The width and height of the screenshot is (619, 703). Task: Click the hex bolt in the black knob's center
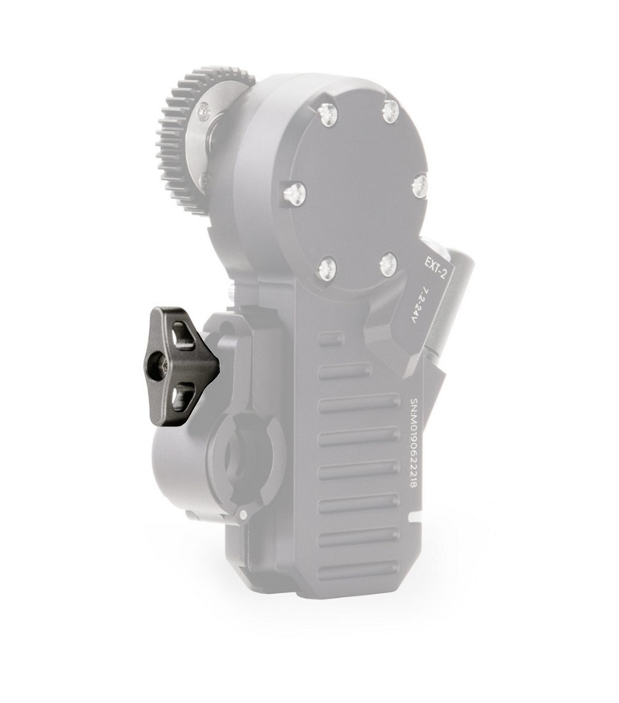point(165,365)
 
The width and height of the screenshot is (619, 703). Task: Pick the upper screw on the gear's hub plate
point(204,114)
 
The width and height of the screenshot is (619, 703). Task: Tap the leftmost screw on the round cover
point(293,192)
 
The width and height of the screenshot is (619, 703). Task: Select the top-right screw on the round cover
point(390,111)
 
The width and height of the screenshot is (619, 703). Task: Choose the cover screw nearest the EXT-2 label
point(389,263)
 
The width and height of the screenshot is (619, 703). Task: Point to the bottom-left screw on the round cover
point(326,268)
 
